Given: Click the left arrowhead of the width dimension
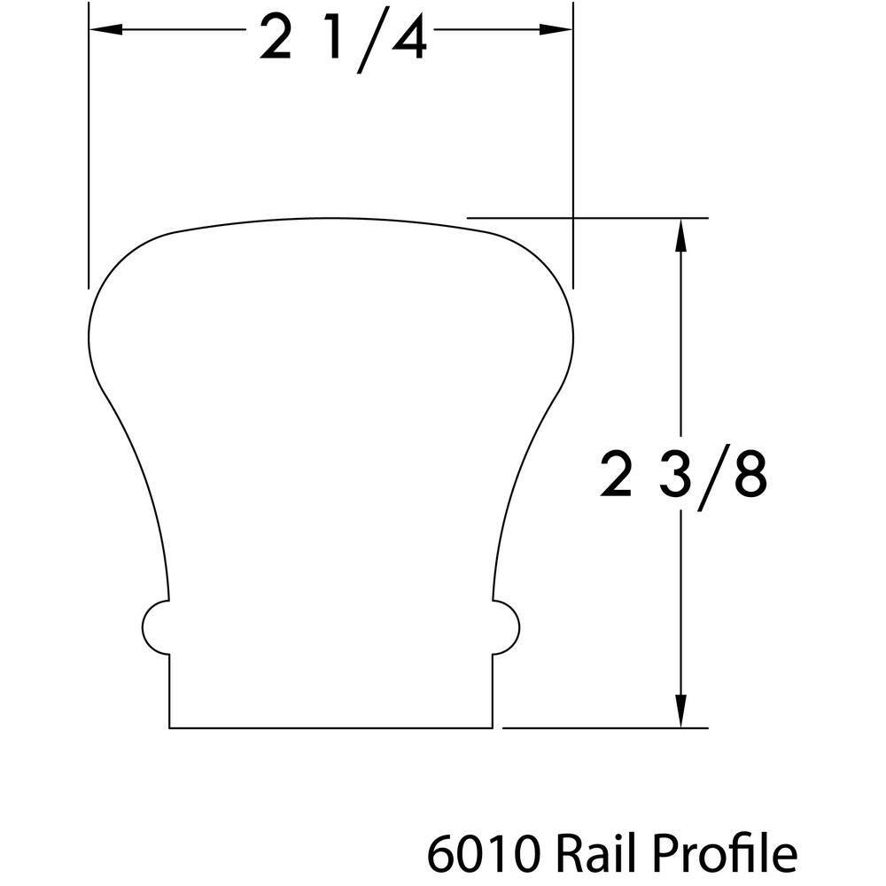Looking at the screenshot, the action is pyautogui.click(x=105, y=29).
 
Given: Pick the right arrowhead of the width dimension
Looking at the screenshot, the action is pyautogui.click(x=556, y=29).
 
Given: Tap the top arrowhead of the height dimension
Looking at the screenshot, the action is pyautogui.click(x=680, y=235).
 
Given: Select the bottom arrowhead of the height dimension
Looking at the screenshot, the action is pyautogui.click(x=680, y=711).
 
